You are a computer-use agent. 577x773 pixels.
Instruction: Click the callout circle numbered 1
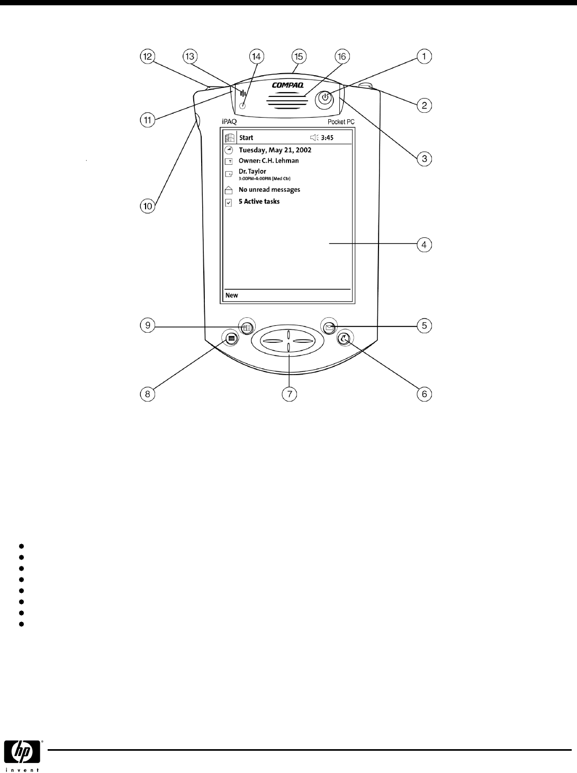[x=424, y=56]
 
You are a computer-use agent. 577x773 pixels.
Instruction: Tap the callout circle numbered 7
[x=290, y=394]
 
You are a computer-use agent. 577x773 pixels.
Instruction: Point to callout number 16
[x=341, y=56]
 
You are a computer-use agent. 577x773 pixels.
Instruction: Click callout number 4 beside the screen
[x=424, y=245]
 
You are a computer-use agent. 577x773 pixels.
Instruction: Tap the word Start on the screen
[x=246, y=138]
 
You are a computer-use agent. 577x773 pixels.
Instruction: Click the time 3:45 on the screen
[x=327, y=138]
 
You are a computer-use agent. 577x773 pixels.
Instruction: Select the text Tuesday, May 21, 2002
[x=275, y=150]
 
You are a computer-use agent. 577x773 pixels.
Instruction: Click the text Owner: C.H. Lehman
[x=268, y=161]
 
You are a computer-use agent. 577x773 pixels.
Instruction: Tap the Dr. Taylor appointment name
[x=253, y=172]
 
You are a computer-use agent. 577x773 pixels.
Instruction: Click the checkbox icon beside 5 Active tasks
[x=229, y=202]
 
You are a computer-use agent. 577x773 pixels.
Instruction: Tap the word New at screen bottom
[x=232, y=295]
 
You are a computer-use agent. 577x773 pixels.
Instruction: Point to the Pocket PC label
[x=341, y=122]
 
